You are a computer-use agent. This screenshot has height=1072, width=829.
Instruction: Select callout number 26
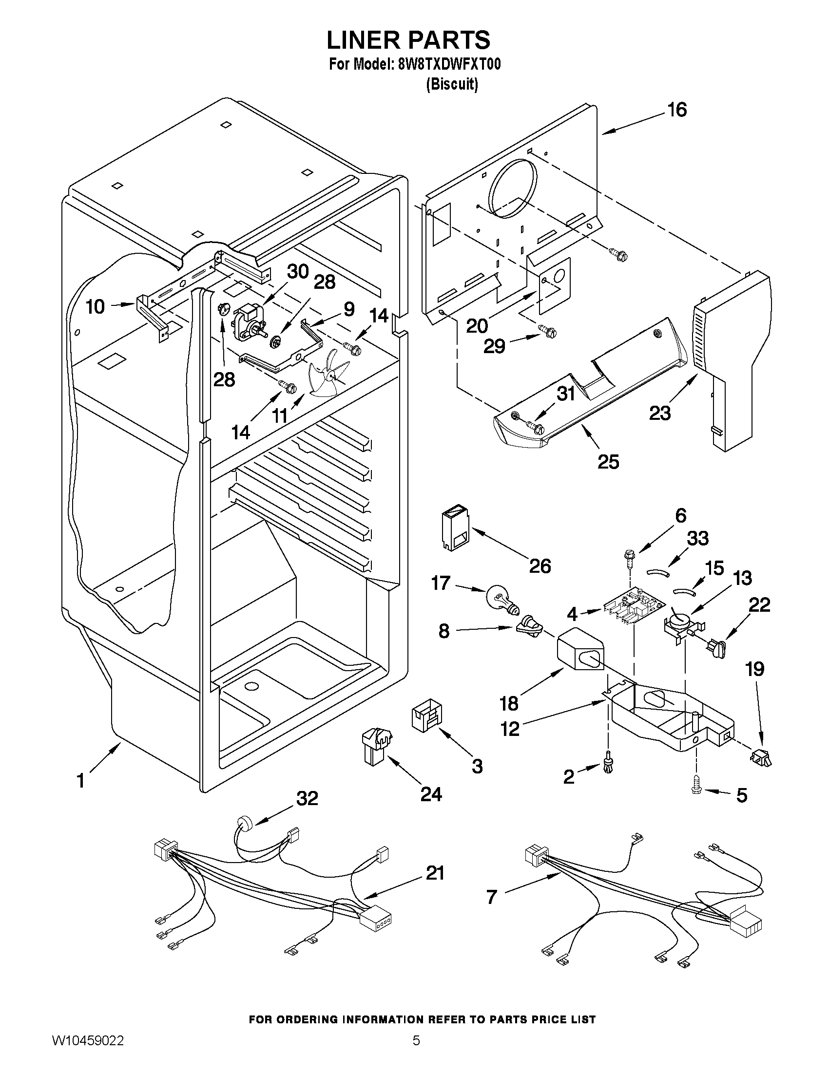[x=540, y=566]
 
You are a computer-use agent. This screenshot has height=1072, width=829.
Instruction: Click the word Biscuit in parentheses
[x=451, y=84]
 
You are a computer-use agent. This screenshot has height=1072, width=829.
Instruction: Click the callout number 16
[x=677, y=110]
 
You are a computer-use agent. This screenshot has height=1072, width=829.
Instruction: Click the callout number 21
[x=435, y=872]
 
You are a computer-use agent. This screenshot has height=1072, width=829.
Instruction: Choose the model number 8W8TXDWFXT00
[x=447, y=64]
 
